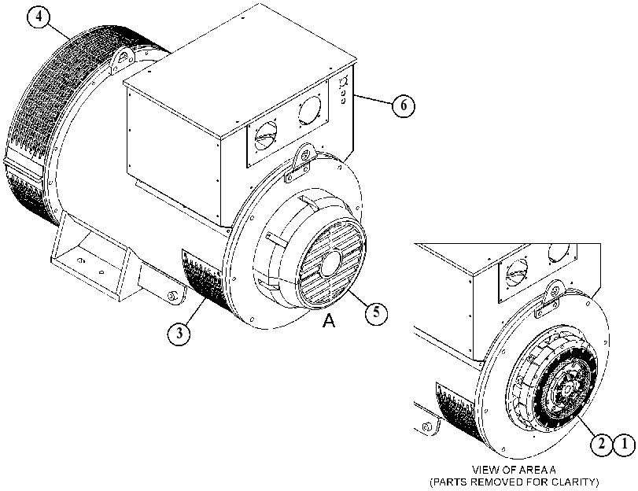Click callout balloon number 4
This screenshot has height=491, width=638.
click(39, 17)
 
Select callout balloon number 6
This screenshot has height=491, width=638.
click(403, 105)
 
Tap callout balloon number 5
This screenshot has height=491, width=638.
click(376, 312)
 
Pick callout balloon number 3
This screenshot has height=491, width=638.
click(179, 334)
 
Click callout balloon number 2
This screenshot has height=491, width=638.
click(601, 444)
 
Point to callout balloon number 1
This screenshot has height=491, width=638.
click(624, 444)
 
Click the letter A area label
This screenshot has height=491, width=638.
click(329, 321)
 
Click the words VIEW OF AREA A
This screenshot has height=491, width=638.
click(514, 470)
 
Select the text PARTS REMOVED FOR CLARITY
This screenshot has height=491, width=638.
click(514, 482)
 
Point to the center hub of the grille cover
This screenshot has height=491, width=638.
click(332, 263)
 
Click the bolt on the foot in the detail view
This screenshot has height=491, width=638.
click(426, 427)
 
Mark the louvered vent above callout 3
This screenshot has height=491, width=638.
click(204, 279)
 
